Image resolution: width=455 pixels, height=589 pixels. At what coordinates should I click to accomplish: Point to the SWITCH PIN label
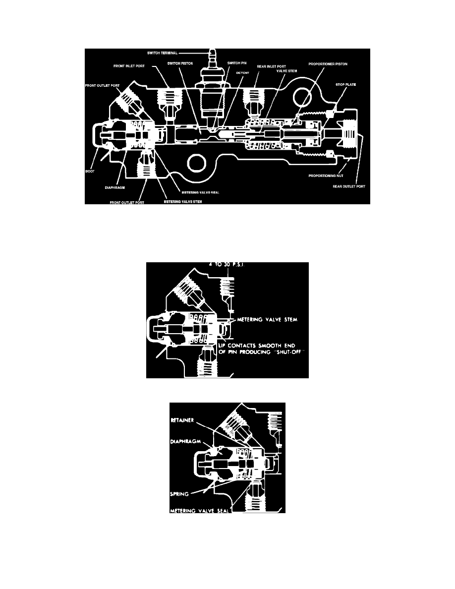tap(236, 63)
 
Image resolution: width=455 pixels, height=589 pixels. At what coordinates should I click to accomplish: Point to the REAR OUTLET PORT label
tap(349, 186)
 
